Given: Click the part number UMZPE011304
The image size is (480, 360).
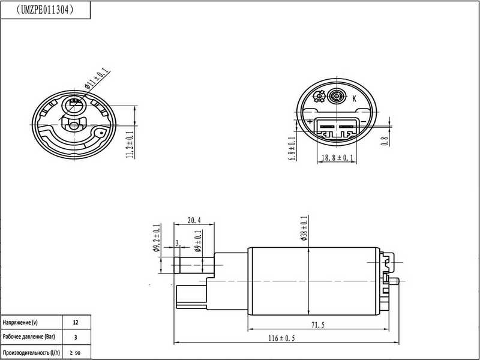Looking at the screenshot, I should [x=46, y=10].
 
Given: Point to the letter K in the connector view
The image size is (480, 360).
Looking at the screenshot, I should [x=354, y=98].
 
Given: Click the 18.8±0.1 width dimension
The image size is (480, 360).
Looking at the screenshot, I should [x=337, y=158].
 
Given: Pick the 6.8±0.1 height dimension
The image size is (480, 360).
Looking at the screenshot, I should [x=292, y=149].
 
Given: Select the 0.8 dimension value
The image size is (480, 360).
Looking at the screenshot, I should [x=385, y=142].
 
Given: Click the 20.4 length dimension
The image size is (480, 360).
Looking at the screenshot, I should [x=193, y=220].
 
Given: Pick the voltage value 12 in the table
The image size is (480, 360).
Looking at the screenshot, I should [x=75, y=323].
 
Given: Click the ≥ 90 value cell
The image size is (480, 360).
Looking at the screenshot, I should [x=75, y=352].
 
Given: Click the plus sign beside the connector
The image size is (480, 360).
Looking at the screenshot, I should [x=310, y=122].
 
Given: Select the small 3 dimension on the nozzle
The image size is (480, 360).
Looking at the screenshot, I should [x=177, y=244].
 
